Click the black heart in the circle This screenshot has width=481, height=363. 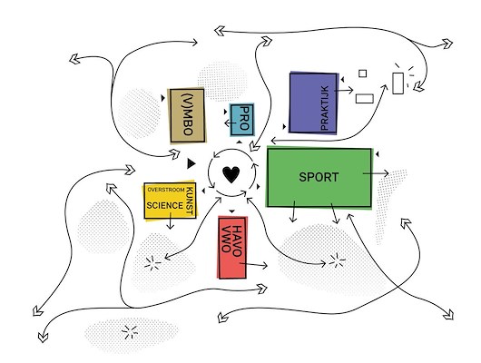click(x=231, y=174)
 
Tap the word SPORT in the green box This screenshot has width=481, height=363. click(x=319, y=177)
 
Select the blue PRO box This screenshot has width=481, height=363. click(x=242, y=120)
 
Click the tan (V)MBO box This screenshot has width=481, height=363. click(x=187, y=115)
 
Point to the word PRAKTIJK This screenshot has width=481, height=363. click(x=324, y=108)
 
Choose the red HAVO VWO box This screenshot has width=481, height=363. click(x=232, y=248)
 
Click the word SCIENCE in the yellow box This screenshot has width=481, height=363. click(x=165, y=205)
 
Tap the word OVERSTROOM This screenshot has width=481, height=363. click(x=166, y=190)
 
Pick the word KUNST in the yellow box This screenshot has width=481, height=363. click(x=190, y=201)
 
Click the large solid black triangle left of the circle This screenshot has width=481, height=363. click(x=191, y=163)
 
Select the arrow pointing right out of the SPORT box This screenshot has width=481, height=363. click(x=376, y=173)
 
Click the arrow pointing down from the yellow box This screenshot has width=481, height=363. click(x=171, y=221)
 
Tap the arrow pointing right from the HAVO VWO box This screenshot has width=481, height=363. click(x=253, y=264)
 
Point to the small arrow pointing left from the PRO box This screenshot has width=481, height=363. click(x=231, y=123)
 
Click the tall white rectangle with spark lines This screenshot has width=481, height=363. click(x=398, y=83)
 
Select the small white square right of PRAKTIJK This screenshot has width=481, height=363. click(x=363, y=74)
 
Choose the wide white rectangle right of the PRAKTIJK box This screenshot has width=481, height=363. click(x=365, y=99)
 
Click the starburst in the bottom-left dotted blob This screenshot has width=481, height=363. click(x=130, y=332)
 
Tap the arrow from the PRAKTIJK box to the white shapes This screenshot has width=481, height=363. click(x=344, y=90)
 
